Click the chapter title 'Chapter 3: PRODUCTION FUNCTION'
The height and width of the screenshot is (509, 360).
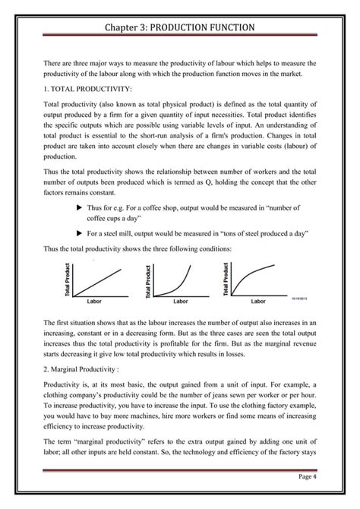click(x=180, y=27)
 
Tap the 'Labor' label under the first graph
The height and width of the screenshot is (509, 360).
click(x=94, y=302)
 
